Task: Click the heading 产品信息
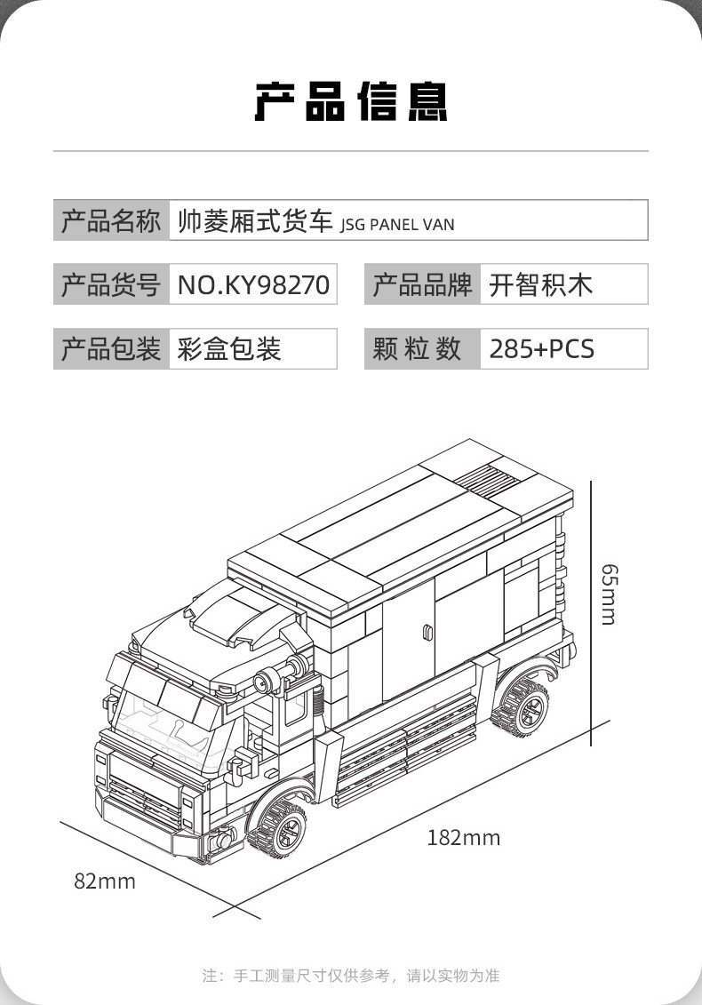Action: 351,101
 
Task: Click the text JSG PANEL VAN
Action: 397,225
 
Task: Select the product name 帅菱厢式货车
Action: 254,220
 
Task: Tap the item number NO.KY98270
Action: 253,284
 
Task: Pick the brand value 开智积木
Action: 540,284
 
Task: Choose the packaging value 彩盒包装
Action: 229,348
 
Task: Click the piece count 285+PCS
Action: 541,348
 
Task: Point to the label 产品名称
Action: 111,220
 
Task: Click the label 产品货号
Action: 111,284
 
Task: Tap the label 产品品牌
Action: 422,284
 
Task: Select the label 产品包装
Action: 111,348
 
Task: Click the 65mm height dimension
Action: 608,594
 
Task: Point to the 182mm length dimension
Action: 463,837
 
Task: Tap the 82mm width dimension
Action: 105,881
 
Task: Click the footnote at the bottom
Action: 351,976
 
